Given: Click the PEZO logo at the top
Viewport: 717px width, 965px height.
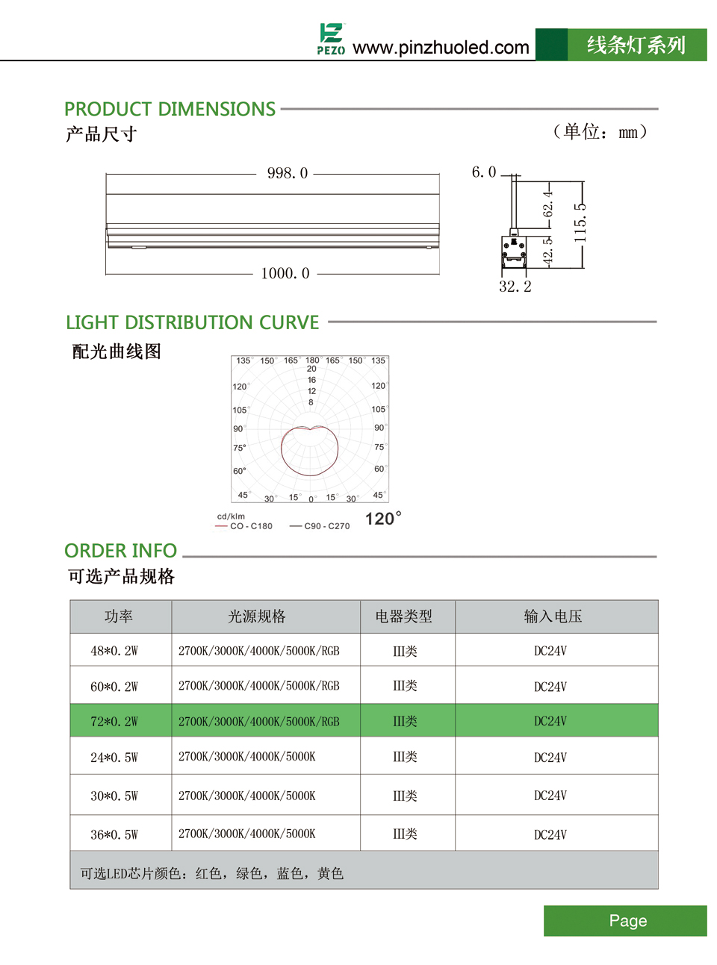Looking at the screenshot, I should [331, 39].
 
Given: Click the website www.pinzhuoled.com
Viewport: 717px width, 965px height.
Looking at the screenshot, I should [441, 48].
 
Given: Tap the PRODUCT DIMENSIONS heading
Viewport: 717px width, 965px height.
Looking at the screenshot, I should [170, 109].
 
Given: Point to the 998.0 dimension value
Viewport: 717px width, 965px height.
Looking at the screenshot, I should [288, 173].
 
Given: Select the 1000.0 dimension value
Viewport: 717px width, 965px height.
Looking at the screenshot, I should [285, 273].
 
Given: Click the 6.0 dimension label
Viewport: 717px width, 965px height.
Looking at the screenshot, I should [483, 172].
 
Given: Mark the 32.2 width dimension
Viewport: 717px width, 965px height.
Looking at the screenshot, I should [515, 287].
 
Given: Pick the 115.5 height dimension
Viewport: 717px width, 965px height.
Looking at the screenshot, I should [580, 222].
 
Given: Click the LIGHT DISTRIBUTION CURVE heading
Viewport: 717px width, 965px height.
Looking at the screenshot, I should [192, 322].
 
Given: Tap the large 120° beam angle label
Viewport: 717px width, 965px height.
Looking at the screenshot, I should [383, 519].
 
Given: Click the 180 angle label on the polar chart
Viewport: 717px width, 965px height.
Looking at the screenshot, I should [312, 360].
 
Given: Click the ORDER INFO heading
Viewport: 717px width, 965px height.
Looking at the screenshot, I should [120, 551].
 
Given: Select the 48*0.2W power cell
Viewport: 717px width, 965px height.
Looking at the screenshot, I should [114, 651].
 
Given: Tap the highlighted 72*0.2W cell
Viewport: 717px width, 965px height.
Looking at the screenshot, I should [114, 722].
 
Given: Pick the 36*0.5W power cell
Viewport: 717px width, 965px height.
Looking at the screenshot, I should [114, 834].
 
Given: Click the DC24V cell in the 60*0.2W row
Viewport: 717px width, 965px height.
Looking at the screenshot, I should [550, 687].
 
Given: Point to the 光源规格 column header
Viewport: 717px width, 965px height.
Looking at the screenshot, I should [257, 616].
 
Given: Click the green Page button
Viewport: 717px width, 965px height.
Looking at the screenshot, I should [627, 921].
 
